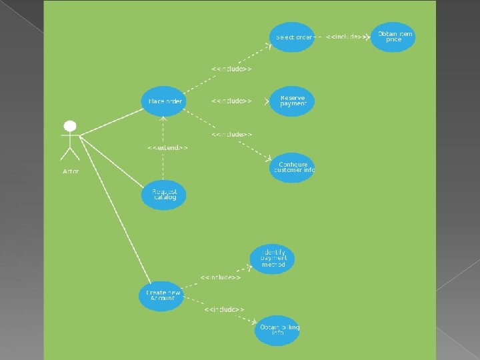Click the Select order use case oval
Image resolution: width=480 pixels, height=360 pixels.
[292, 37]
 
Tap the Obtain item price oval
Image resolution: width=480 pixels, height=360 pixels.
[394, 37]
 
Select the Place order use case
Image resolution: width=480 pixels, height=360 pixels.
[163, 101]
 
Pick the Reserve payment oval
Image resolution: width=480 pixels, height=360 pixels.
[292, 101]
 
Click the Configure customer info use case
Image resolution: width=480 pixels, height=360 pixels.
[293, 167]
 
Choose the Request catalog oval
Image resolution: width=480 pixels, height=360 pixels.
[164, 194]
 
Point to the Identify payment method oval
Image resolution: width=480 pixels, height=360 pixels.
[273, 259]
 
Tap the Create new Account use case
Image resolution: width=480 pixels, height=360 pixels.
[161, 295]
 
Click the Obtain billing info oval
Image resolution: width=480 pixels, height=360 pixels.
[277, 330]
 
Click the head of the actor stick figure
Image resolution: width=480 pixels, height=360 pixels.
[69, 125]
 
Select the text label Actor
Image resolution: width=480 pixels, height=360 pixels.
[71, 171]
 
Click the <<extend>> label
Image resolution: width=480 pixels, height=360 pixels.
[167, 147]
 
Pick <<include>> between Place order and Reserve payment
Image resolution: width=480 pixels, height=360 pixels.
[231, 101]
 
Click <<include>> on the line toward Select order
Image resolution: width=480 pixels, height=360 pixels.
[231, 69]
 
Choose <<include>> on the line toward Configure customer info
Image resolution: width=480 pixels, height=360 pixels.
[231, 134]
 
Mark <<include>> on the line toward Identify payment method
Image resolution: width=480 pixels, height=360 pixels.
[220, 277]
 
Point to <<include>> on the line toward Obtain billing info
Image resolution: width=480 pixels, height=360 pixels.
[224, 309]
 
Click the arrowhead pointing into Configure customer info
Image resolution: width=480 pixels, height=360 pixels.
[269, 159]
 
